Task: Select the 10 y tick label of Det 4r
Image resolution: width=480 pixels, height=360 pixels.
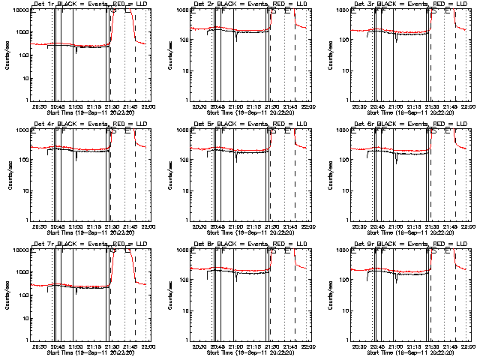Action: coord(21,190)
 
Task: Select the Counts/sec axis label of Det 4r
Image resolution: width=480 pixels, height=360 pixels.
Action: coord(5,175)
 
